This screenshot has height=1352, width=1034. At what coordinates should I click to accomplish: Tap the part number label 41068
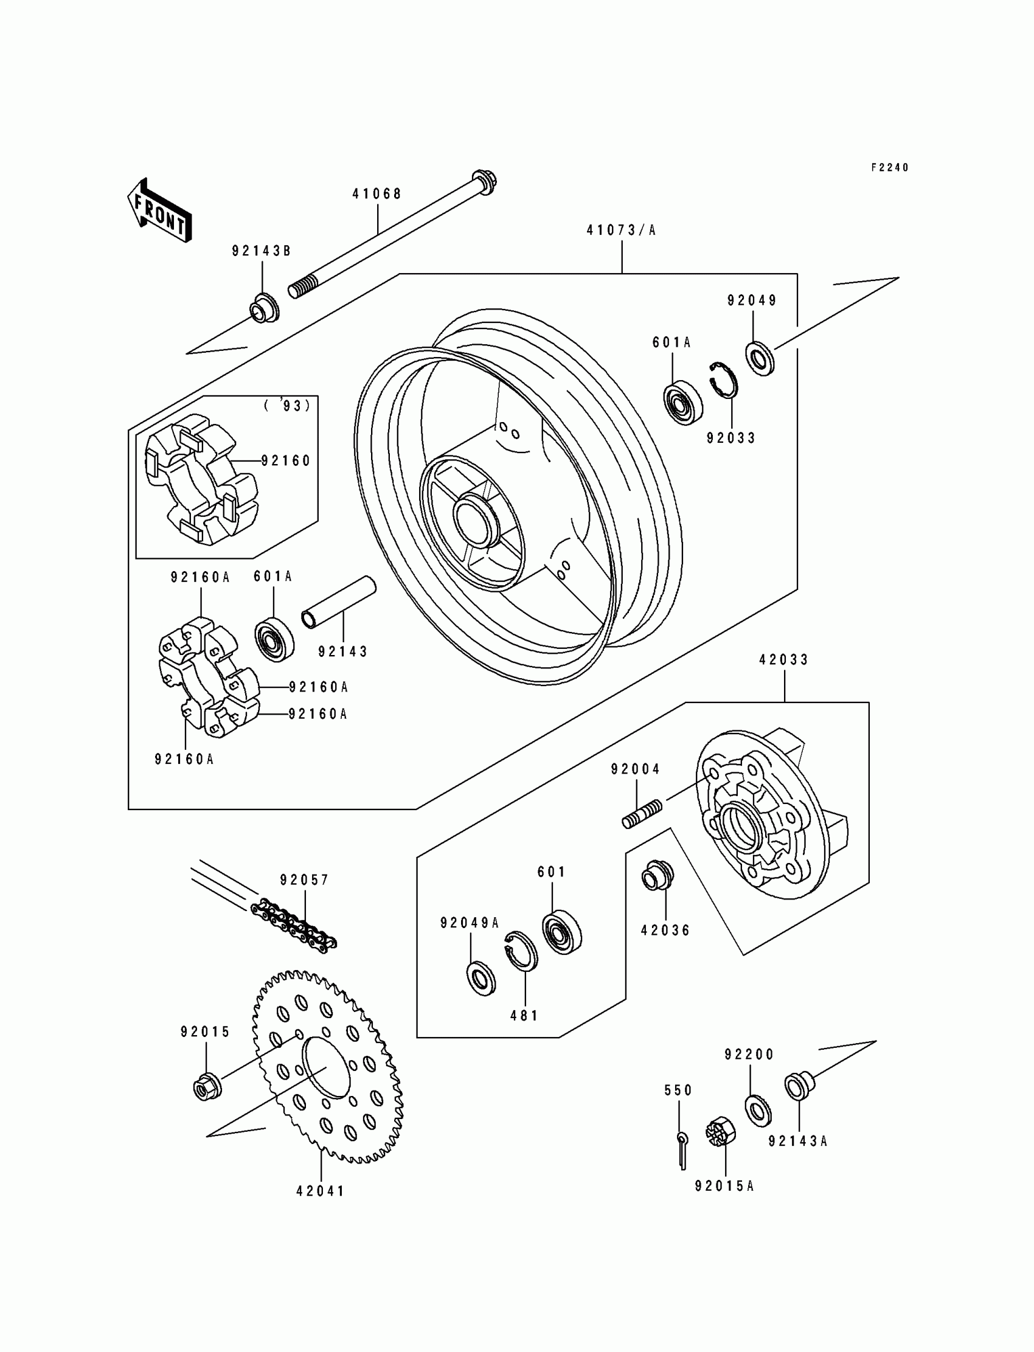point(376,194)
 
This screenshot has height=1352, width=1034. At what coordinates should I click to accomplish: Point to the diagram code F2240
point(889,167)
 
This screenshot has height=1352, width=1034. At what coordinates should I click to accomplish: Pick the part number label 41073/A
point(621,230)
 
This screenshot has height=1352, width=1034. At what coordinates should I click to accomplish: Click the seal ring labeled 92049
point(760,358)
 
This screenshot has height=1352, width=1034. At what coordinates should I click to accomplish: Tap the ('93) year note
point(288,406)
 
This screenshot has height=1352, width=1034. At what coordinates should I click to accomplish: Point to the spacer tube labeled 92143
point(338,602)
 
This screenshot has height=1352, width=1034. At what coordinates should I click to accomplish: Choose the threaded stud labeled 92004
point(641,814)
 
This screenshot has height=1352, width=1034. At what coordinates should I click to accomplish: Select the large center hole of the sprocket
point(326,1067)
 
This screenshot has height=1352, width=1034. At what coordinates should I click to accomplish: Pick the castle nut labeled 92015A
point(717,1132)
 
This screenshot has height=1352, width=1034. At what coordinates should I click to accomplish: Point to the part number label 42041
point(320,1191)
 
